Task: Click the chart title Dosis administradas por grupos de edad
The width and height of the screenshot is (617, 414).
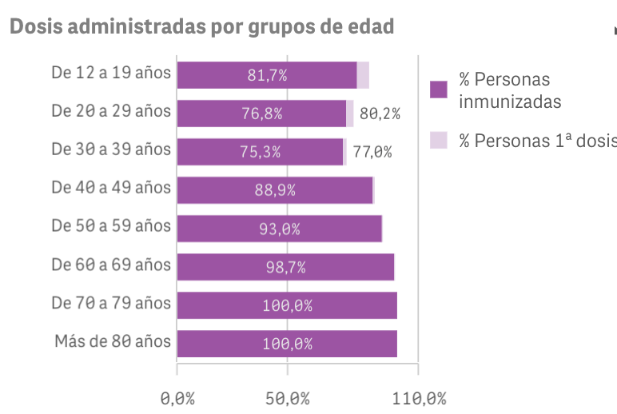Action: coord(201,27)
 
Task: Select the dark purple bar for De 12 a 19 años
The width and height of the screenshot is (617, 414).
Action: coord(266,75)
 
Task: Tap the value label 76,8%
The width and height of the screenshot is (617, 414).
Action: coord(261,113)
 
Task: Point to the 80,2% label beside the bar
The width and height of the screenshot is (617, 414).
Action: coord(380,113)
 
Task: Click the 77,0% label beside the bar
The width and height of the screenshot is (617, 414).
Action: coord(372,152)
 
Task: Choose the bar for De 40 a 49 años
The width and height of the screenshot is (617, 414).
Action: coord(275,190)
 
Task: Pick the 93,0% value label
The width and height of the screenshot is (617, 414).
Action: coord(279,229)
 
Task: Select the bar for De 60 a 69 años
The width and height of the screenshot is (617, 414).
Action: coord(285,267)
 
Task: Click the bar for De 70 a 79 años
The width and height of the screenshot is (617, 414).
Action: coord(287,305)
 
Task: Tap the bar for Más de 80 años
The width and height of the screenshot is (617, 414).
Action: coord(287,344)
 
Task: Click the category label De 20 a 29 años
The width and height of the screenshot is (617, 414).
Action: coord(111,111)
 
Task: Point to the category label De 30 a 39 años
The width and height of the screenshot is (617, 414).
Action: coord(111,149)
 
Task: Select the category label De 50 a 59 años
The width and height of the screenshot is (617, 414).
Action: coord(111,226)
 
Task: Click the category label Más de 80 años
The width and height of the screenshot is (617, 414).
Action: coord(113,341)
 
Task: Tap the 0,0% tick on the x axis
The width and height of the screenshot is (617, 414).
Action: coord(177,398)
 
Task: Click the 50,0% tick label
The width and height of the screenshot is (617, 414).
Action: coord(288,398)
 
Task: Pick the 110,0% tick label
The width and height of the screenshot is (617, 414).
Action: coord(418,398)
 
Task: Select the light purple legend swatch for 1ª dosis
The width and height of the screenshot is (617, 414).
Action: coord(438,140)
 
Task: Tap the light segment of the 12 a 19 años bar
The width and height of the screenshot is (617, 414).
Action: coord(363,75)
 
